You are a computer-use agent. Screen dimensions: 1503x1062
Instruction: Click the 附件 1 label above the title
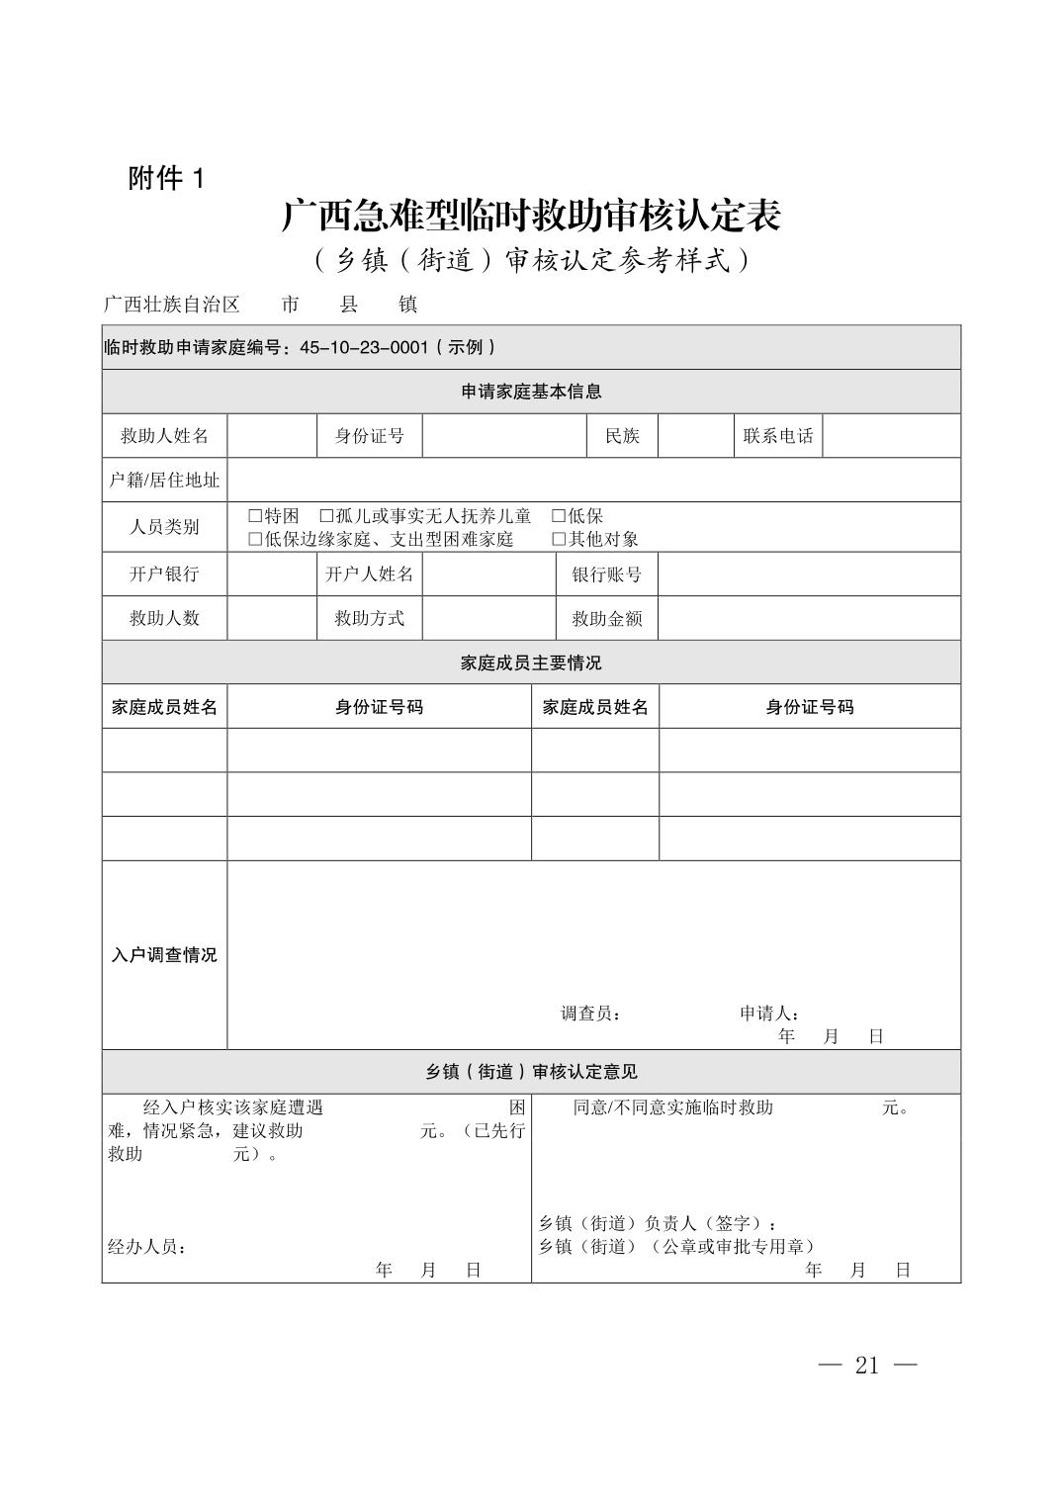pyautogui.click(x=165, y=179)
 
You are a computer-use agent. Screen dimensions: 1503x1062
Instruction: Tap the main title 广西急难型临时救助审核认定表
pyautogui.click(x=531, y=216)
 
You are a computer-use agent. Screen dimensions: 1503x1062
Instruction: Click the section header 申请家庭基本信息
pyautogui.click(x=531, y=392)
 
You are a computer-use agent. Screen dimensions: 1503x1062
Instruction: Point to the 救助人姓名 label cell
pyautogui.click(x=164, y=436)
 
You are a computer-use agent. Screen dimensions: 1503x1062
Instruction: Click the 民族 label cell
pyautogui.click(x=622, y=436)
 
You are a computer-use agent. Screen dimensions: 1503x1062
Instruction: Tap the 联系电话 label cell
pyautogui.click(x=777, y=436)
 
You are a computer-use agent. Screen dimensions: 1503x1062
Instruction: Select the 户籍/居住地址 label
pyautogui.click(x=164, y=481)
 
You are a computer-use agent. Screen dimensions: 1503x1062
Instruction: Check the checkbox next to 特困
pyautogui.click(x=255, y=516)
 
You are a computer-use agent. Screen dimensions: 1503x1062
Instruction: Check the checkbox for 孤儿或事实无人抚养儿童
pyautogui.click(x=326, y=516)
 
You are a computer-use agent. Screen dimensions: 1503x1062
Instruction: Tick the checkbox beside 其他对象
pyautogui.click(x=559, y=539)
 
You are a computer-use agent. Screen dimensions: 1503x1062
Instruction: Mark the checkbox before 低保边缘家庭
pyautogui.click(x=255, y=539)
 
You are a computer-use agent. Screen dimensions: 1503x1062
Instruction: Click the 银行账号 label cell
pyautogui.click(x=606, y=575)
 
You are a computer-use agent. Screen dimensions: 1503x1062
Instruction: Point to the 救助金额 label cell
pyautogui.click(x=606, y=619)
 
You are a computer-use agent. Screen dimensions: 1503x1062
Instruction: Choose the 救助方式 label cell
pyautogui.click(x=369, y=619)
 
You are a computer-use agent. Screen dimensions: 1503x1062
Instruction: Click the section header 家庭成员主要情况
pyautogui.click(x=531, y=663)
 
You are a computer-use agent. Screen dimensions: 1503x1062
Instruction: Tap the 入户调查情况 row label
pyautogui.click(x=164, y=955)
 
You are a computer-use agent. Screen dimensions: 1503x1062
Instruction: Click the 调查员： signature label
pyautogui.click(x=591, y=1014)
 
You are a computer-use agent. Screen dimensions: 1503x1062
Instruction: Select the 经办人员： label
pyautogui.click(x=147, y=1247)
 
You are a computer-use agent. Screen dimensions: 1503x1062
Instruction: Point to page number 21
pyautogui.click(x=867, y=1366)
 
